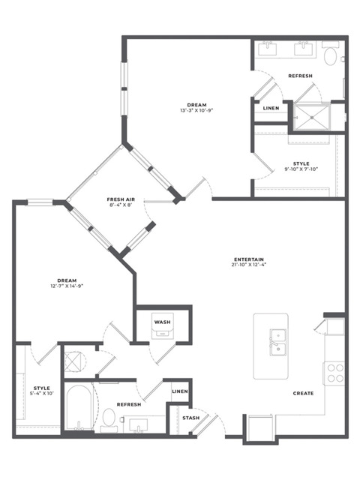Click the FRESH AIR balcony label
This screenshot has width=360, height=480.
121,199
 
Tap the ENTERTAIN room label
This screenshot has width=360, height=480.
249,259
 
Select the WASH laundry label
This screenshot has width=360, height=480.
162,322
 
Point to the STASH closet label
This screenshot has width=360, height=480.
190,418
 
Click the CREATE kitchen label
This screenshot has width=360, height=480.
303,393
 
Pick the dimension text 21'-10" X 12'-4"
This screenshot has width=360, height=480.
249,265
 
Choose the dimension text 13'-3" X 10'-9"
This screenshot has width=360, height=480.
196,110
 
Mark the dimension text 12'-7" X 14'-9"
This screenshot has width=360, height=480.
67,286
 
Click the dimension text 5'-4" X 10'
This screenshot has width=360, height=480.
42,394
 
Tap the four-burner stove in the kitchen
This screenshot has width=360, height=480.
335,373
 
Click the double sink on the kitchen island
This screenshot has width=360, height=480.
278,342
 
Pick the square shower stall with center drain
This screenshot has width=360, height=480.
312,117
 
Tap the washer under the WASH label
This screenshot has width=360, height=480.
163,325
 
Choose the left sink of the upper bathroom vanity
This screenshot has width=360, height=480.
268,49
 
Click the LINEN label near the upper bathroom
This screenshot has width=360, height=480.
271,108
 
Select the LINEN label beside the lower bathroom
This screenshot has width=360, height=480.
180,391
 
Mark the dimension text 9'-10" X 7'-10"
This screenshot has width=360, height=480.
301,169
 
